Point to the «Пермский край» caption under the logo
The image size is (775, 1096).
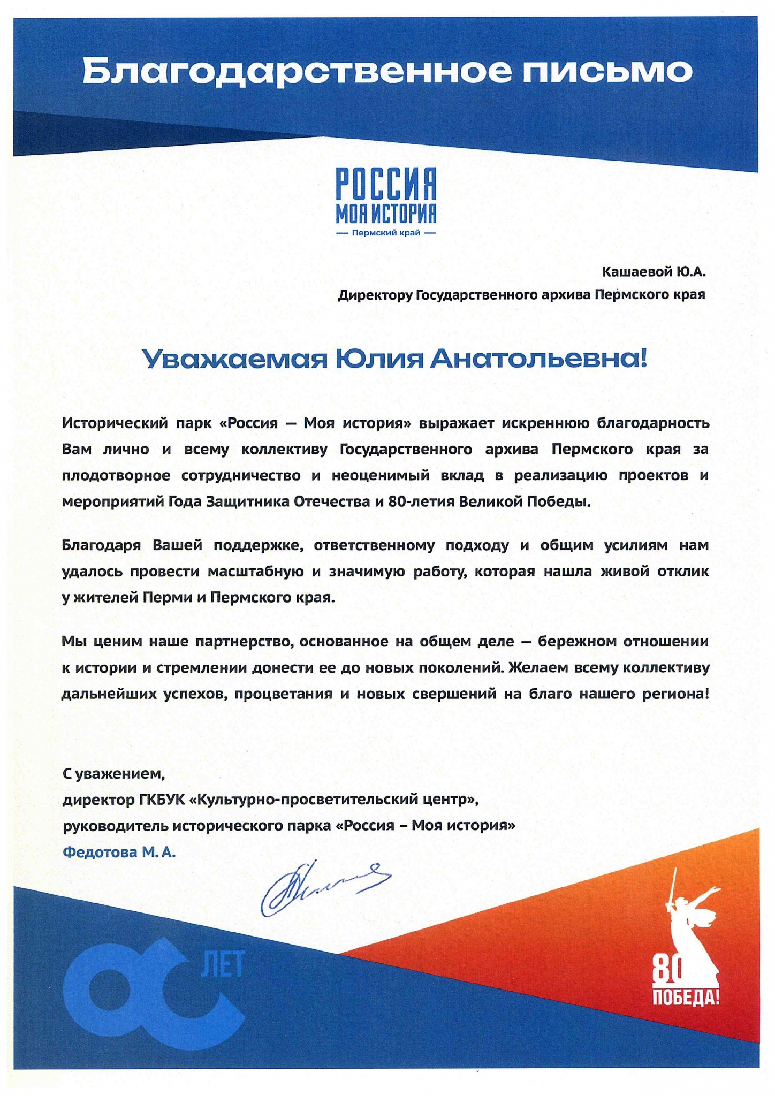coord(386,233)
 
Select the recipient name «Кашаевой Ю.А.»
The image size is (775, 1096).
coord(654,272)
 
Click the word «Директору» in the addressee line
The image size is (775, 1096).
coord(375,295)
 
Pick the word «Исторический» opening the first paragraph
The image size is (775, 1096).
coord(116,423)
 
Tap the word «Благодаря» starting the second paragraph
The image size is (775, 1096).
coord(101,545)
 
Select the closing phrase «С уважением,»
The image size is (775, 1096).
coord(113,773)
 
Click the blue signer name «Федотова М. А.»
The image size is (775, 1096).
coord(119,853)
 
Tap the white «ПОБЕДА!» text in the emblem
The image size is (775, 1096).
coord(685,997)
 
